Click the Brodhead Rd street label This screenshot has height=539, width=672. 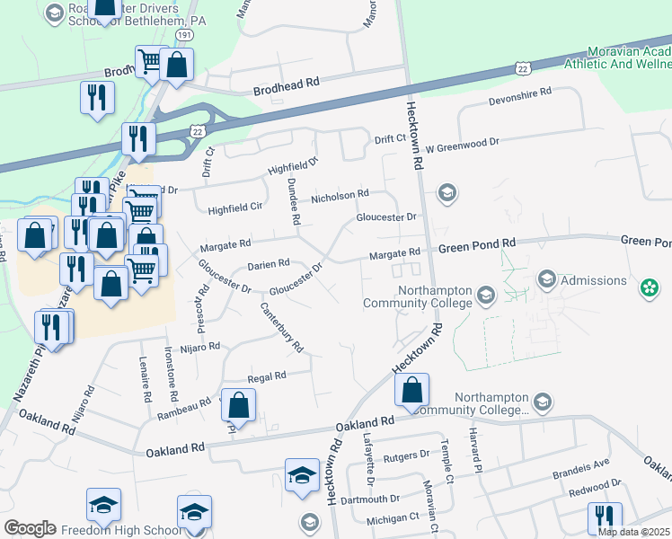287,82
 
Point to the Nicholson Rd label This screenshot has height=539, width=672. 340,194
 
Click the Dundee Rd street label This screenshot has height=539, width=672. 293,200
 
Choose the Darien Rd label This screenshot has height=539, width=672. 269,264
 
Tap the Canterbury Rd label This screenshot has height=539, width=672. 282,326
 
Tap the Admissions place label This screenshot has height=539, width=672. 593,281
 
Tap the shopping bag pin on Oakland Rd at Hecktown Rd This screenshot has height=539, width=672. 411,389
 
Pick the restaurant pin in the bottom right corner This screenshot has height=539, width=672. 605,517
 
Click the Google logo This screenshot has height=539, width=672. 30,528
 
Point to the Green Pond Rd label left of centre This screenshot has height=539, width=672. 477,243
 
